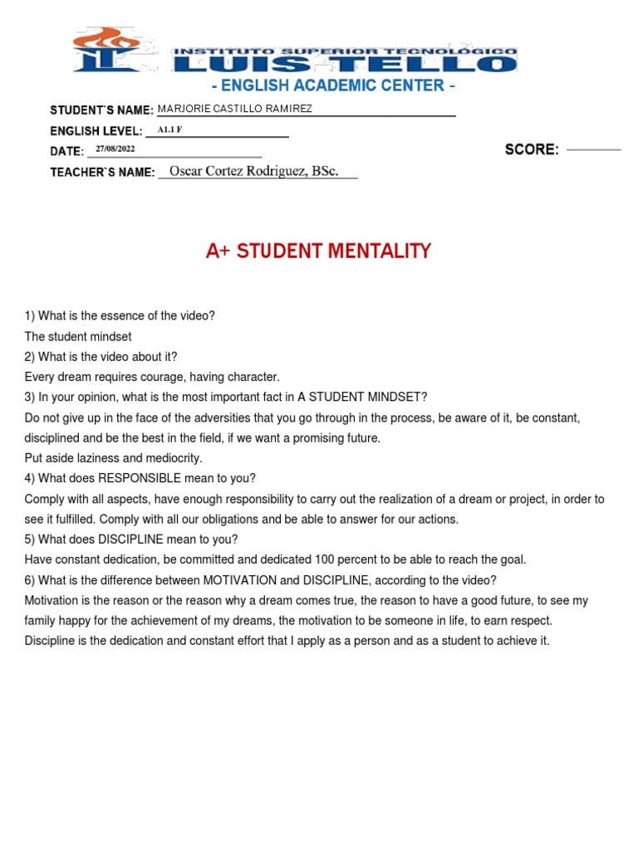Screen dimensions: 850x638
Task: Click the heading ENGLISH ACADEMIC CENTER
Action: point(334,86)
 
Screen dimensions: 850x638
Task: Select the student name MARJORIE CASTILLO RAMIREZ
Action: point(235,109)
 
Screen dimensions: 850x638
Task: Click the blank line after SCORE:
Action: point(593,149)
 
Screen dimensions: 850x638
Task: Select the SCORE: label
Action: point(532,149)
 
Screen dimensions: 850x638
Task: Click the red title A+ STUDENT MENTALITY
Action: point(318,251)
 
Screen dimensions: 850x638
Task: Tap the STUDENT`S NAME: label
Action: point(101,110)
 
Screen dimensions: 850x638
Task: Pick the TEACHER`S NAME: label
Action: point(102,172)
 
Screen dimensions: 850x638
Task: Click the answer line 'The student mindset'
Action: point(78,336)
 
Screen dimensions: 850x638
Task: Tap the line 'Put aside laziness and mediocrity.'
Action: point(113,458)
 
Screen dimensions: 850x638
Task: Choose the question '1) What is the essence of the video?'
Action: point(120,316)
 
